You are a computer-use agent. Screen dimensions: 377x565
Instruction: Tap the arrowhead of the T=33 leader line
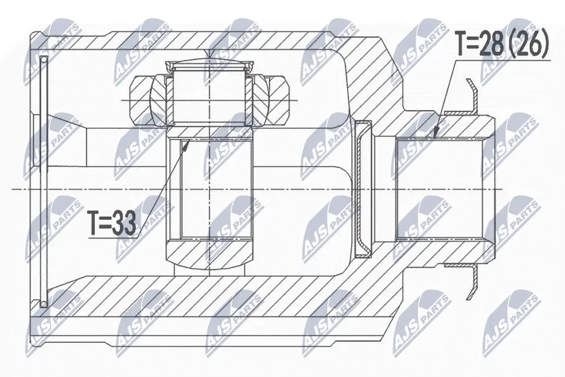(187, 143)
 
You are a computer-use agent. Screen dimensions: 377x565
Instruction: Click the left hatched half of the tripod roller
(144, 100)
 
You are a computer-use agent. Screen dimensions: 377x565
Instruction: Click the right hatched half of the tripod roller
(272, 100)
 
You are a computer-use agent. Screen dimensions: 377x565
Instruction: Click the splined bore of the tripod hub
(210, 188)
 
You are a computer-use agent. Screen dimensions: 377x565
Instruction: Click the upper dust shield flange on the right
(471, 97)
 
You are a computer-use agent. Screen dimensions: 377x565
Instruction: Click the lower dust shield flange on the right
(471, 280)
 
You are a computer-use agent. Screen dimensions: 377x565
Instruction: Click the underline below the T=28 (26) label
(500, 59)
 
